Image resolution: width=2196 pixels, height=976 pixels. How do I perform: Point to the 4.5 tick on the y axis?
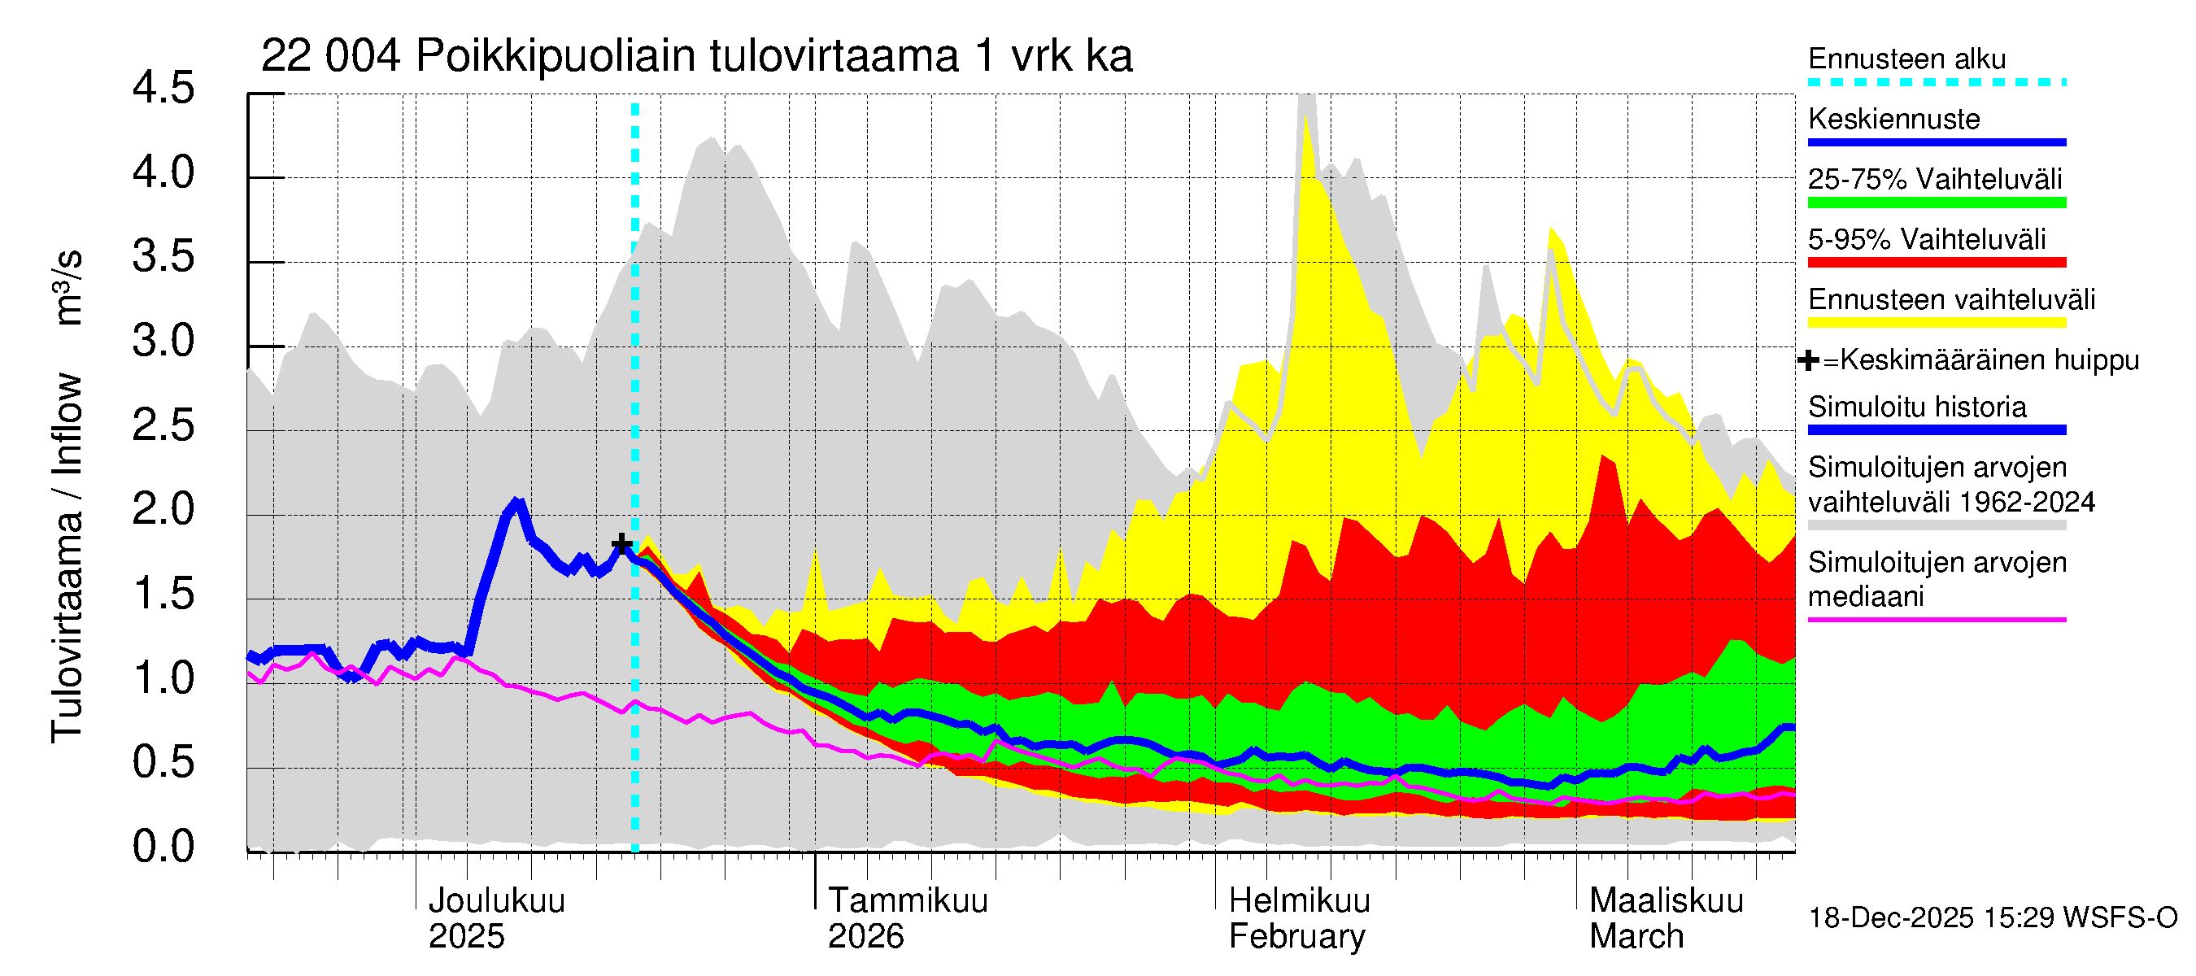[163, 89]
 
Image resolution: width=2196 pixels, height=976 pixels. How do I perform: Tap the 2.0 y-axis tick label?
[163, 510]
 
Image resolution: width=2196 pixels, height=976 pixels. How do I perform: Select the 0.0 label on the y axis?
[163, 847]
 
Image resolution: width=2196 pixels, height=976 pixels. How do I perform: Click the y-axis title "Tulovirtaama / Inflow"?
[67, 558]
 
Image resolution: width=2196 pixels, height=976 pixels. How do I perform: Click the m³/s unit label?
[68, 287]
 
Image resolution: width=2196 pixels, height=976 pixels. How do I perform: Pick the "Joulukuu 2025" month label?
[496, 918]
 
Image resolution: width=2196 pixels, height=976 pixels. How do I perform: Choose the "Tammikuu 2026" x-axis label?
[907, 918]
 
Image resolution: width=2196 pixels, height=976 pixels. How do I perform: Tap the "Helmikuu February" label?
[1298, 918]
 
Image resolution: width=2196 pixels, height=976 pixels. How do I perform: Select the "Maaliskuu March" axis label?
[1666, 918]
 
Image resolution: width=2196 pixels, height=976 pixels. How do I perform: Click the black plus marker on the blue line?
[622, 544]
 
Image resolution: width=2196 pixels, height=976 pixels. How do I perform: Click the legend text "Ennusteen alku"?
[1906, 59]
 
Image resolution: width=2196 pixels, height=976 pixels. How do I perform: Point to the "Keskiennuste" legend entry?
[1893, 120]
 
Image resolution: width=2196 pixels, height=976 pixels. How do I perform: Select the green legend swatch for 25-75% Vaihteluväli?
[1936, 203]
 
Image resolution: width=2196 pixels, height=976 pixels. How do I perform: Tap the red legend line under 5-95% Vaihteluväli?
[1936, 263]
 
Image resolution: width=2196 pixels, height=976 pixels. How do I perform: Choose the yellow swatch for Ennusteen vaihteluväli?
[1936, 323]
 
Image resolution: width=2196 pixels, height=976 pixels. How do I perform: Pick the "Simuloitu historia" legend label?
[1916, 407]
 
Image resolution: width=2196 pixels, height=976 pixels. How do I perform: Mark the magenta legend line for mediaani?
[1936, 620]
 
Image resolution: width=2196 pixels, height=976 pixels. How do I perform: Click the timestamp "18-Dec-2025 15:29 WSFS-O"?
[1992, 918]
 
